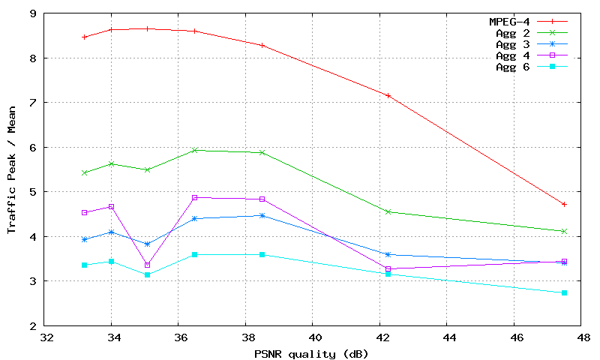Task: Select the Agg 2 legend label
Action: (x=513, y=33)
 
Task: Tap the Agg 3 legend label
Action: (x=513, y=44)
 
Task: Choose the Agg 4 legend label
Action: (x=513, y=55)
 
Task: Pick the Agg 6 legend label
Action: (x=513, y=67)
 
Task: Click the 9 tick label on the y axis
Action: (x=32, y=13)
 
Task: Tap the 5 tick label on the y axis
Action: (x=32, y=192)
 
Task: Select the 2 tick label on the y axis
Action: (x=32, y=326)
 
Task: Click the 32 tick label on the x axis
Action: (x=46, y=338)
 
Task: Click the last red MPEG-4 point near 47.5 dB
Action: (x=564, y=204)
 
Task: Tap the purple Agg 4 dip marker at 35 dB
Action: (x=147, y=265)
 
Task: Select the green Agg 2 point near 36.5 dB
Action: (x=195, y=150)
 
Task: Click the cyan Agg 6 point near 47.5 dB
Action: (x=564, y=292)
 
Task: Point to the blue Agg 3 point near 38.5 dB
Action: (x=262, y=215)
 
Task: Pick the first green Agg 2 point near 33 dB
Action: (x=85, y=172)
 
